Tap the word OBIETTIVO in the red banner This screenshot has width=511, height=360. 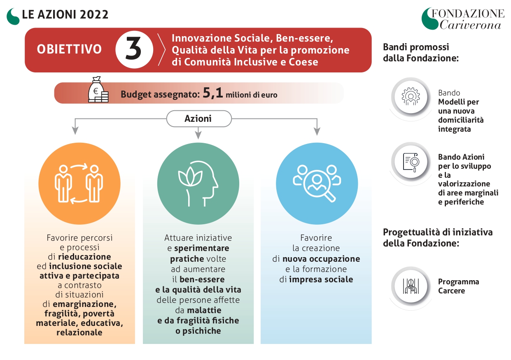[x=69, y=49]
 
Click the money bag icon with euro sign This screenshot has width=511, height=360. [x=98, y=89]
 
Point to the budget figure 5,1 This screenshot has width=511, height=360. [x=212, y=93]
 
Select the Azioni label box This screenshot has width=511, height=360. [x=199, y=118]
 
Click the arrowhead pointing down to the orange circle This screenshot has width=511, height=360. [x=75, y=131]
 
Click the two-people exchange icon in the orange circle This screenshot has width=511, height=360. [x=79, y=183]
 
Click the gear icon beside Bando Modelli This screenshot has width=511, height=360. [x=411, y=97]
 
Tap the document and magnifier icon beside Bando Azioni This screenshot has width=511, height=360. [x=411, y=162]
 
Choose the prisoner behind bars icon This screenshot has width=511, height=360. [x=411, y=286]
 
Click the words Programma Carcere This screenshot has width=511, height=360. [x=459, y=286]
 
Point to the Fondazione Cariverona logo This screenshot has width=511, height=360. [x=463, y=19]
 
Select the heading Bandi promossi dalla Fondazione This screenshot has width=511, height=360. [x=421, y=52]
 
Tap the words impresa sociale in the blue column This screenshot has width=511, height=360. [x=321, y=279]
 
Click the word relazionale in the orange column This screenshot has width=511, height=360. [x=79, y=332]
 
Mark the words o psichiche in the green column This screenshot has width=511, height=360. [x=198, y=331]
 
